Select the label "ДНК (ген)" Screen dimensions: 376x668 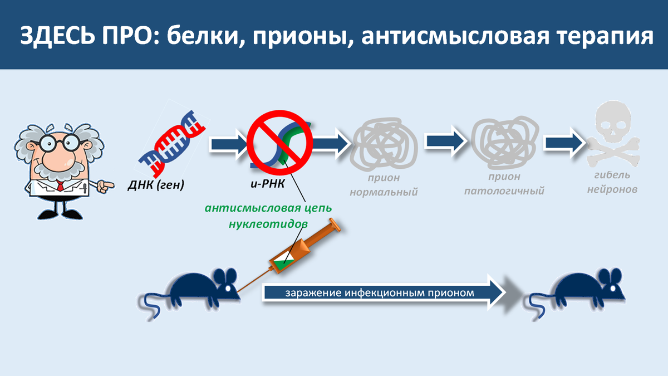161,184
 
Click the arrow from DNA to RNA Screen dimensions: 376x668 228,144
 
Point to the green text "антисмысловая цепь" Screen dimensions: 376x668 268,208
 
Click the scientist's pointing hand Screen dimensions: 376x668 105,184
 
